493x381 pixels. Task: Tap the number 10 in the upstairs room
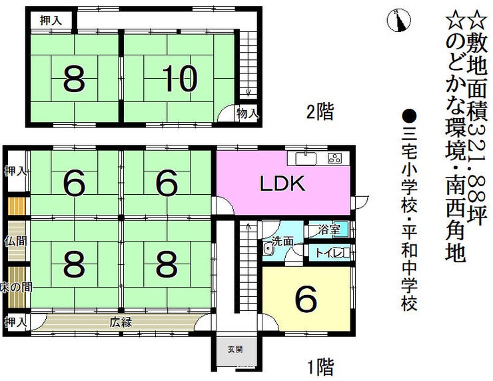[x=179, y=80]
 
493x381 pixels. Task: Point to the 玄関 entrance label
[x=235, y=349]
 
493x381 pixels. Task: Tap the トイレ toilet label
[x=328, y=252]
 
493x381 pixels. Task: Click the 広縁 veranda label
[x=121, y=322]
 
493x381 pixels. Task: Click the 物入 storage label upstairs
[x=247, y=114]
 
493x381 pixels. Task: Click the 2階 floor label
[x=320, y=112]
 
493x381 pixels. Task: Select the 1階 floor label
[x=320, y=366]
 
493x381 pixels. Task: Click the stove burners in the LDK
[x=334, y=159]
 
